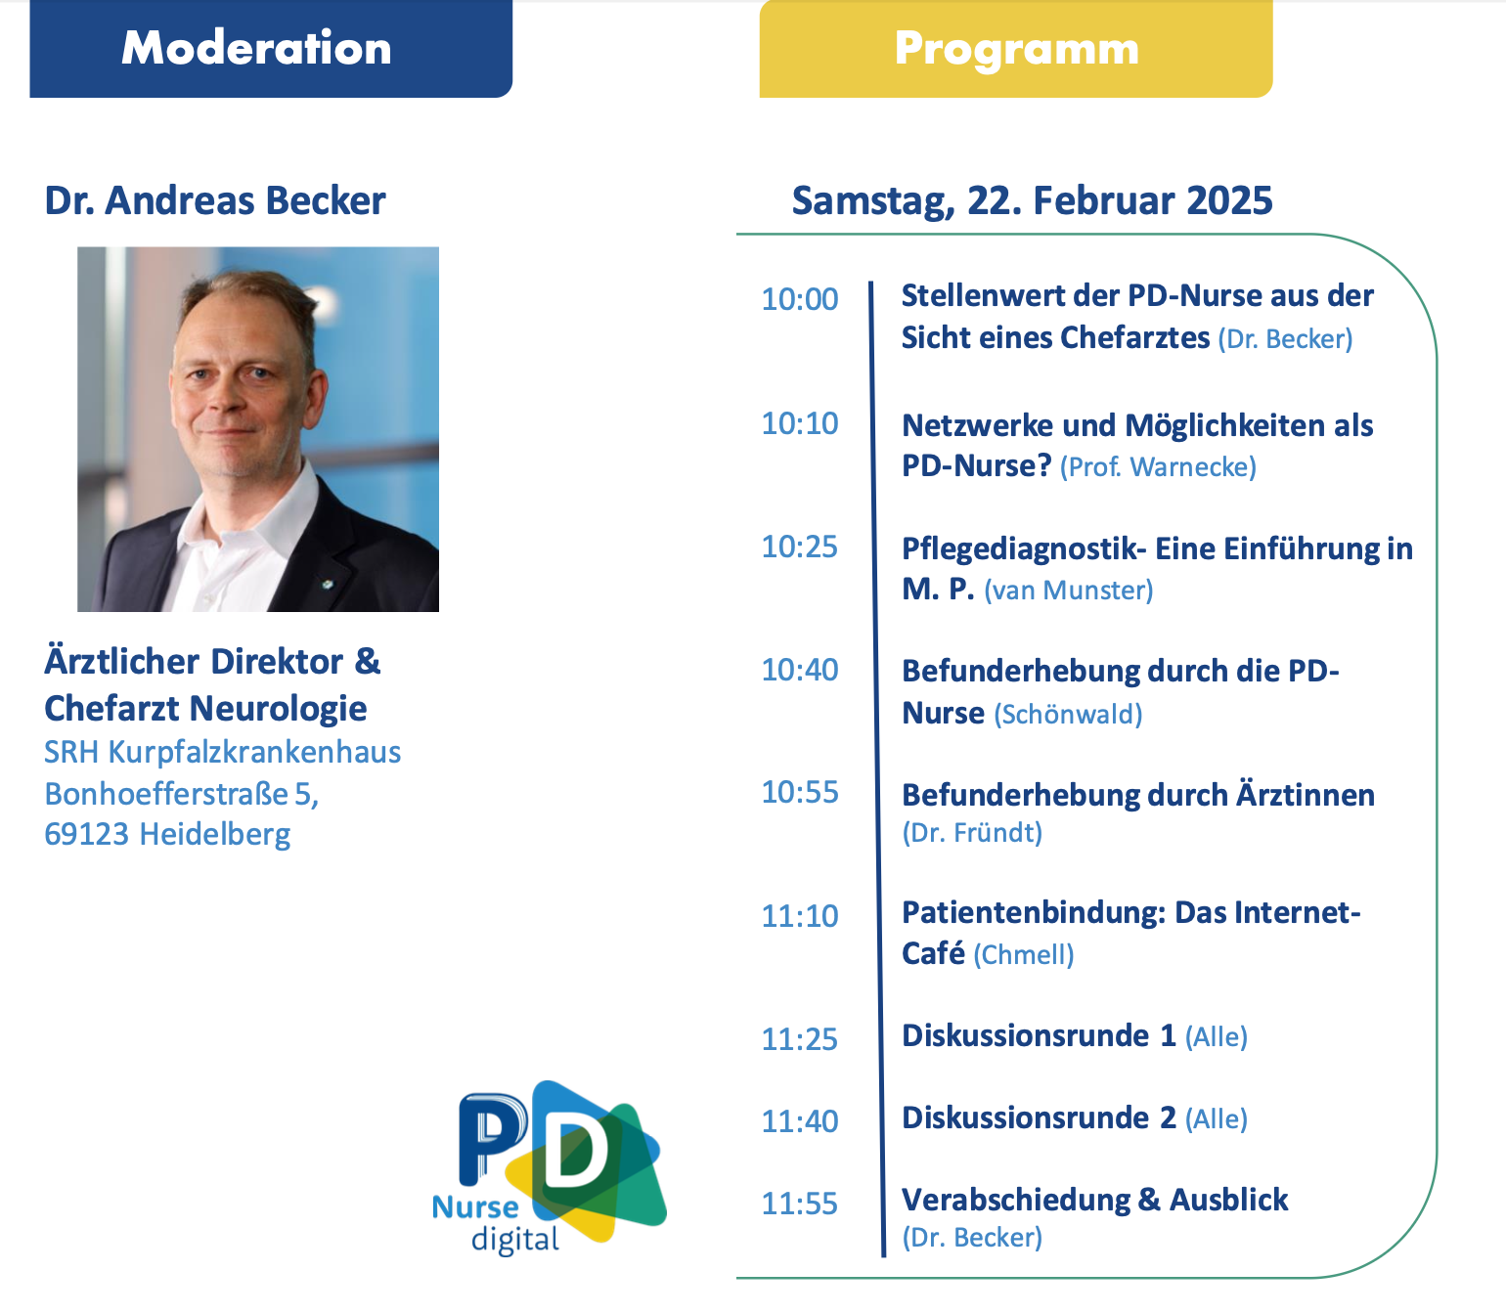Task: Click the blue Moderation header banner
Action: tap(271, 49)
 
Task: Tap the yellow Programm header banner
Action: tap(1016, 49)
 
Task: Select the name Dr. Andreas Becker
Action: tap(215, 200)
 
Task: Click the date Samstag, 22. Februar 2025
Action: tap(1032, 200)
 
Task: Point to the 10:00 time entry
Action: tap(799, 299)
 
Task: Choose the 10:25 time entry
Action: tap(799, 547)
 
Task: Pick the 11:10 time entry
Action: tap(799, 916)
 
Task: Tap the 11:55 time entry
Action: tap(799, 1204)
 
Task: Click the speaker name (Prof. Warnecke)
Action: tap(1158, 467)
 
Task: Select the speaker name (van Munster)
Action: tap(1068, 591)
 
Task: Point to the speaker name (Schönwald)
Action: tap(1068, 714)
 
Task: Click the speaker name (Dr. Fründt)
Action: tap(972, 832)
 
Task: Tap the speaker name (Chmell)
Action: tap(1023, 954)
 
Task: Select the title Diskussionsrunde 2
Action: tap(1039, 1117)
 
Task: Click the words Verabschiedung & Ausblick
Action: tap(1095, 1200)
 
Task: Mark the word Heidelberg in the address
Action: tap(215, 835)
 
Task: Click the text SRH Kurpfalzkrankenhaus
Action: tap(222, 752)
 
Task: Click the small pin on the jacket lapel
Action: tap(329, 585)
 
